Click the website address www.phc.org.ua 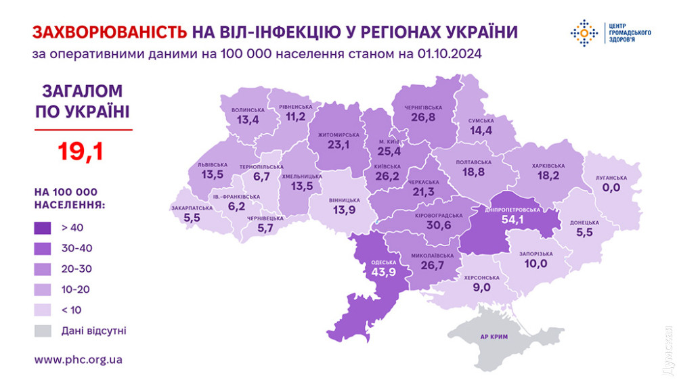pyautogui.click(x=78, y=360)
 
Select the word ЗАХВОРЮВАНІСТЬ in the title pyautogui.click(x=110, y=31)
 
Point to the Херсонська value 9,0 pyautogui.click(x=481, y=287)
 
